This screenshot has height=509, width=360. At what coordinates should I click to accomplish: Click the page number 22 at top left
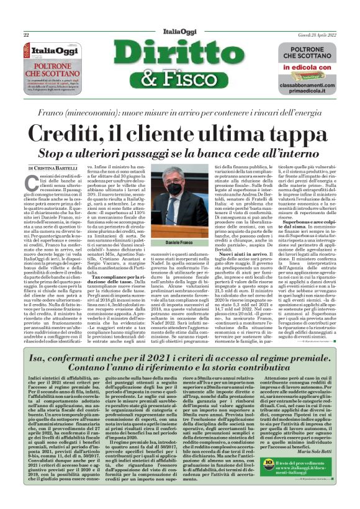tap(27, 35)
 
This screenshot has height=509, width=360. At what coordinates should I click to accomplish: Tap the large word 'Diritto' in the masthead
tap(180, 56)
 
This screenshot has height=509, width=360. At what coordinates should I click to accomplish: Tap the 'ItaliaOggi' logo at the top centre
tap(181, 34)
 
